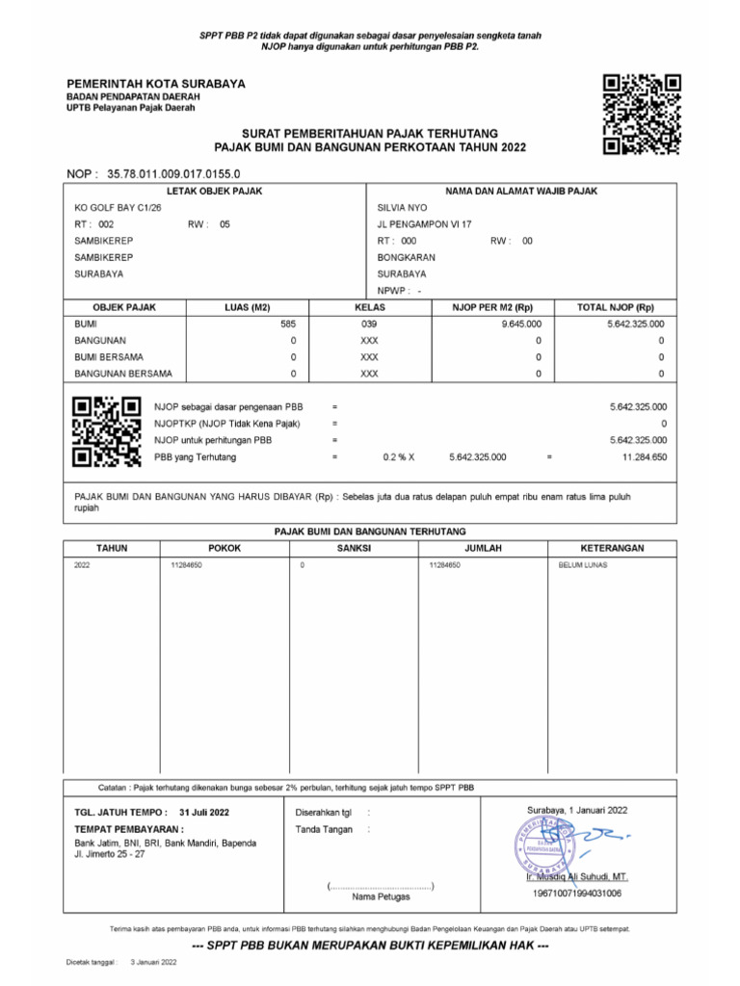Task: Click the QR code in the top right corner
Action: click(642, 115)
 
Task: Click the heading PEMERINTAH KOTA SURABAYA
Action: click(155, 84)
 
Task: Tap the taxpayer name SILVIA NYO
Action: click(403, 208)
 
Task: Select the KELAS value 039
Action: click(369, 324)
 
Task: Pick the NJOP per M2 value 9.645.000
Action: click(521, 324)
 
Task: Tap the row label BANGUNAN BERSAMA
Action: click(123, 374)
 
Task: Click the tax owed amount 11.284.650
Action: click(644, 457)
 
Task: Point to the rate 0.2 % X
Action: click(398, 457)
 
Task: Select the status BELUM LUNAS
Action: click(583, 565)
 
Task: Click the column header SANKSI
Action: click(354, 548)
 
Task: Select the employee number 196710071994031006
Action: click(576, 894)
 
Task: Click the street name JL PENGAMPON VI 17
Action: click(424, 224)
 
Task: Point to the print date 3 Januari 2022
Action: click(154, 962)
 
